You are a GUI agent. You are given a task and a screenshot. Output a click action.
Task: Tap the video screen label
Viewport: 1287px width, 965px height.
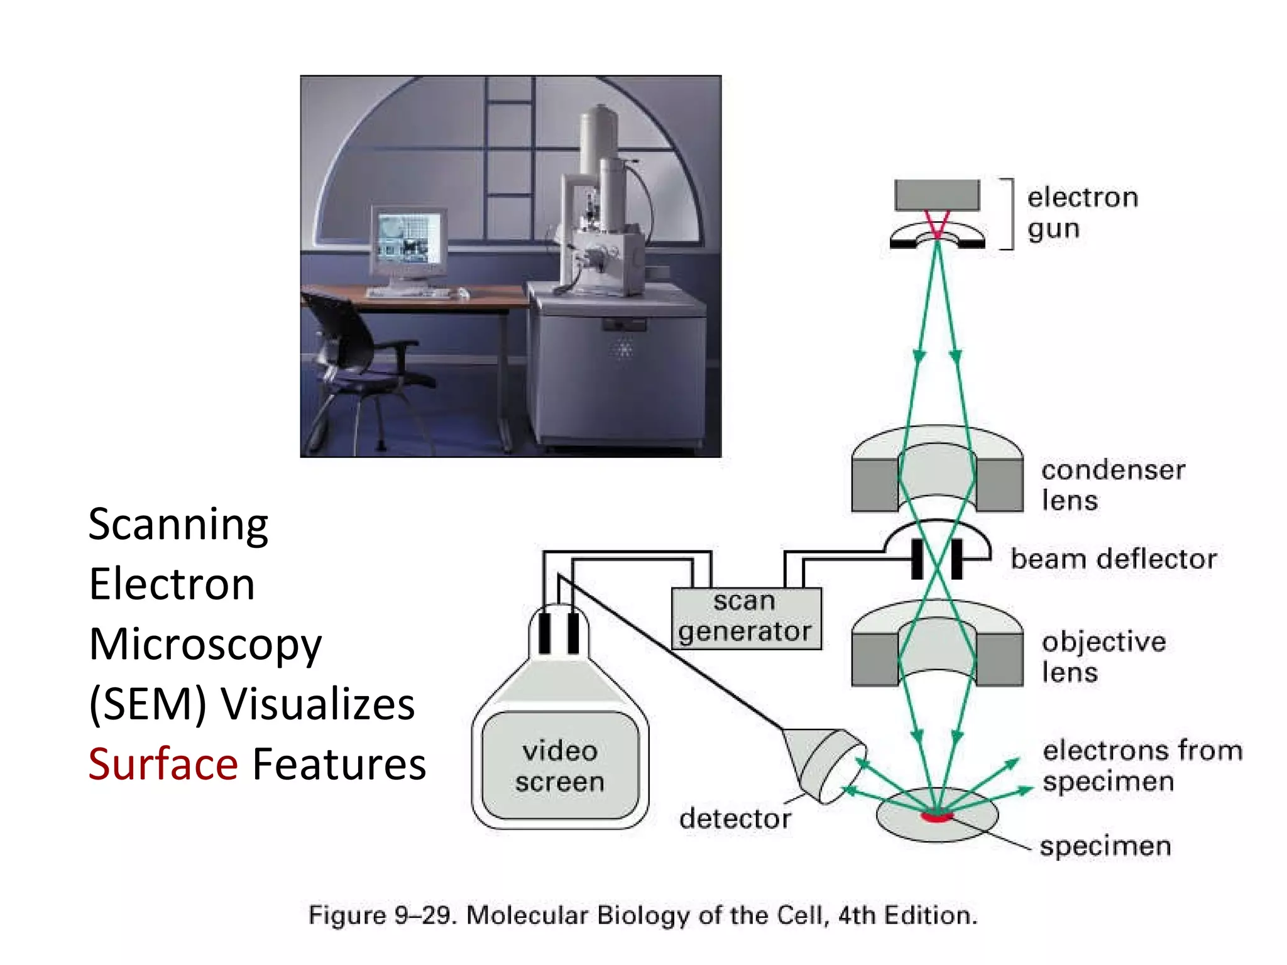tap(560, 766)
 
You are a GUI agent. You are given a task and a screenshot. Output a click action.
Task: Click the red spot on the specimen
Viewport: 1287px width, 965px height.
tap(936, 817)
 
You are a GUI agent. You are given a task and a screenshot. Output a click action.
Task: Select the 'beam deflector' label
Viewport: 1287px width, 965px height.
tap(1114, 559)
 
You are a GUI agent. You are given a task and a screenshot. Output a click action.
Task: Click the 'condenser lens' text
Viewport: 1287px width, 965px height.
tap(1113, 485)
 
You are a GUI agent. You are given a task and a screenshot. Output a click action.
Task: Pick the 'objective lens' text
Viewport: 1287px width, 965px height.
tap(1104, 657)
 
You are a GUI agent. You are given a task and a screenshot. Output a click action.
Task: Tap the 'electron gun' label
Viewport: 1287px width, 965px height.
tap(1082, 213)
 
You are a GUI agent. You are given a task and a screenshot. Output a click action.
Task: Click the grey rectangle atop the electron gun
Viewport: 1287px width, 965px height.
tap(937, 195)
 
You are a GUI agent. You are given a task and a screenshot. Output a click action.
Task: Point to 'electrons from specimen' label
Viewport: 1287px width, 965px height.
tap(1142, 766)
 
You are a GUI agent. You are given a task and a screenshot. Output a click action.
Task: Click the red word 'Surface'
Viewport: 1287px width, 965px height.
tap(163, 764)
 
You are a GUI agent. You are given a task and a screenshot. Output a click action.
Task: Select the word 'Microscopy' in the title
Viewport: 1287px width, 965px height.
tap(205, 645)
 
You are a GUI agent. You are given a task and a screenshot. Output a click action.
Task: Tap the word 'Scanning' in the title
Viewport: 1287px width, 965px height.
tap(178, 525)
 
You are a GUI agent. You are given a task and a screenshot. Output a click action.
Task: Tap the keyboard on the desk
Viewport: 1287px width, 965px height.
tap(408, 293)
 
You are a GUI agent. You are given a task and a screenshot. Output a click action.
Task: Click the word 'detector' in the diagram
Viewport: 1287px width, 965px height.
tap(735, 819)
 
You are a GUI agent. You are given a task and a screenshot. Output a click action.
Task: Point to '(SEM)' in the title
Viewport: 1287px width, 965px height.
tap(148, 704)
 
